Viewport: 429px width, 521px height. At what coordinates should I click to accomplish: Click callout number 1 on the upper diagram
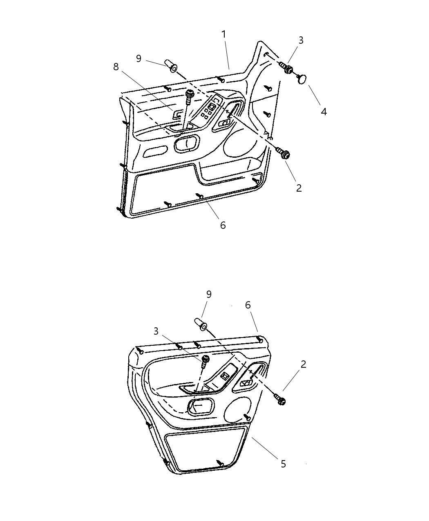[x=224, y=34]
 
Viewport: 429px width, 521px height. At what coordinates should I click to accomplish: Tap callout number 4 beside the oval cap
[x=324, y=111]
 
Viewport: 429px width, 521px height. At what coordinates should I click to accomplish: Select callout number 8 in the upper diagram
[x=116, y=67]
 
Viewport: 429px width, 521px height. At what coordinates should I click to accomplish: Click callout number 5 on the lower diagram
[x=283, y=464]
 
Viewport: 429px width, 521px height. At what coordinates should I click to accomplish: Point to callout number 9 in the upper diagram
[x=139, y=58]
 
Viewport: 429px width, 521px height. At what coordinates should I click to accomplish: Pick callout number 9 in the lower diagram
[x=209, y=294]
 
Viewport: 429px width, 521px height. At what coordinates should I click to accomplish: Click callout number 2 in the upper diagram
[x=299, y=188]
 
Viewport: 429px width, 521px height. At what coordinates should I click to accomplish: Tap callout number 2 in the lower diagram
[x=303, y=364]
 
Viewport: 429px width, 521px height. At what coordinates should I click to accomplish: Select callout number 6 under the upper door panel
[x=223, y=225]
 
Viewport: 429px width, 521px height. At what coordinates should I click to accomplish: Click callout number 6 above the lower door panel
[x=248, y=305]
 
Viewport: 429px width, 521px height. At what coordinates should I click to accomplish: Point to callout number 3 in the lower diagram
[x=156, y=331]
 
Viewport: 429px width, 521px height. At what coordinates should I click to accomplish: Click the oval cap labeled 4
[x=303, y=78]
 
